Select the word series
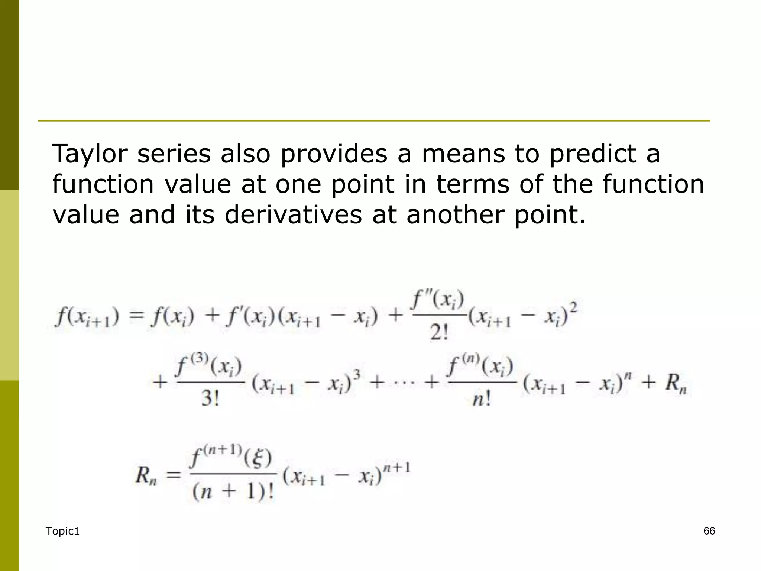(x=174, y=154)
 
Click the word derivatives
(x=293, y=215)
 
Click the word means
(x=463, y=154)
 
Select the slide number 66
(x=709, y=531)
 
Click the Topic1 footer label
(x=62, y=532)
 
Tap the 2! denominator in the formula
(x=439, y=332)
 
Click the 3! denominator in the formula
(x=210, y=399)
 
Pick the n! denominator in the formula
(x=482, y=399)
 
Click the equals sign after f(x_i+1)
(x=136, y=317)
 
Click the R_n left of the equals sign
(x=146, y=476)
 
